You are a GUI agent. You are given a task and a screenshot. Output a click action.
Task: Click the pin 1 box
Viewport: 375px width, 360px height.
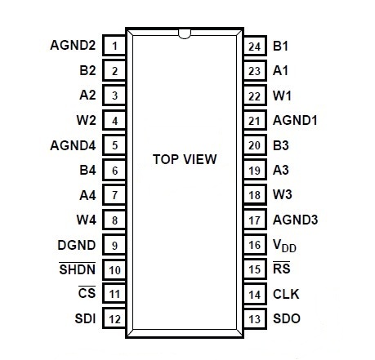click(x=114, y=46)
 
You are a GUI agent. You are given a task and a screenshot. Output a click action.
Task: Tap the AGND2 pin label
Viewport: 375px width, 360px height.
click(x=73, y=45)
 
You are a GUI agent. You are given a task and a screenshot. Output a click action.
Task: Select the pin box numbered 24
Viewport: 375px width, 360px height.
click(x=255, y=46)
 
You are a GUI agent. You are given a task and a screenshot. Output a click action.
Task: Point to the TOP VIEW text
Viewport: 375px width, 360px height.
click(x=185, y=159)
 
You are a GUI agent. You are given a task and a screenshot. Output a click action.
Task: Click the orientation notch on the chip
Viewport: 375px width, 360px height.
click(x=185, y=33)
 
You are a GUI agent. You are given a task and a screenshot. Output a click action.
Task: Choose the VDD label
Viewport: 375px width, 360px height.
click(x=284, y=246)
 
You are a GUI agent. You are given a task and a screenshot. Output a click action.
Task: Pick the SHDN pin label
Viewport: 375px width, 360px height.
click(x=77, y=269)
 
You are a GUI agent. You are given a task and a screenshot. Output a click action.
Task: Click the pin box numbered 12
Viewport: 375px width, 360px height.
click(x=114, y=318)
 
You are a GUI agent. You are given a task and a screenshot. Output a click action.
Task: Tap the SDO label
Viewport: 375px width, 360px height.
click(x=287, y=318)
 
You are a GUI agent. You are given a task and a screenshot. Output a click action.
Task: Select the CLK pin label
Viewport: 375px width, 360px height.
click(x=286, y=294)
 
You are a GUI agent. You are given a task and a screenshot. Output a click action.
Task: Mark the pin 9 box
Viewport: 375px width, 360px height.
click(x=114, y=245)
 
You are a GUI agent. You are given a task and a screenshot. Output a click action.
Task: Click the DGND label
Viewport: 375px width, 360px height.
click(x=77, y=245)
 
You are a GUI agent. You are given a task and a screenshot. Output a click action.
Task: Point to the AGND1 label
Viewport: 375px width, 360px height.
click(x=295, y=120)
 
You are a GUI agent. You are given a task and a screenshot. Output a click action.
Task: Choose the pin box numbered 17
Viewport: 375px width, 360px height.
click(x=255, y=220)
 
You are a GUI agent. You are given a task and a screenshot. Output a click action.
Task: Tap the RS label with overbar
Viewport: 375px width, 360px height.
click(x=282, y=268)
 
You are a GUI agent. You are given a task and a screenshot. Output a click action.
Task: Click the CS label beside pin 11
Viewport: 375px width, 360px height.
click(x=87, y=292)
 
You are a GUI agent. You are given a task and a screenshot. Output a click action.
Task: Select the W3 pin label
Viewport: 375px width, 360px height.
click(x=283, y=194)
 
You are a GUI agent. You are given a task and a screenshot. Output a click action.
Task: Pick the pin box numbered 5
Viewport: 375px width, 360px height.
click(x=114, y=145)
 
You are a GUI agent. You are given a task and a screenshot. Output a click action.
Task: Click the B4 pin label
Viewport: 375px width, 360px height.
click(x=87, y=170)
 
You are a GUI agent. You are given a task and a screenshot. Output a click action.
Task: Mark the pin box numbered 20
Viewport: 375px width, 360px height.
click(x=255, y=145)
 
